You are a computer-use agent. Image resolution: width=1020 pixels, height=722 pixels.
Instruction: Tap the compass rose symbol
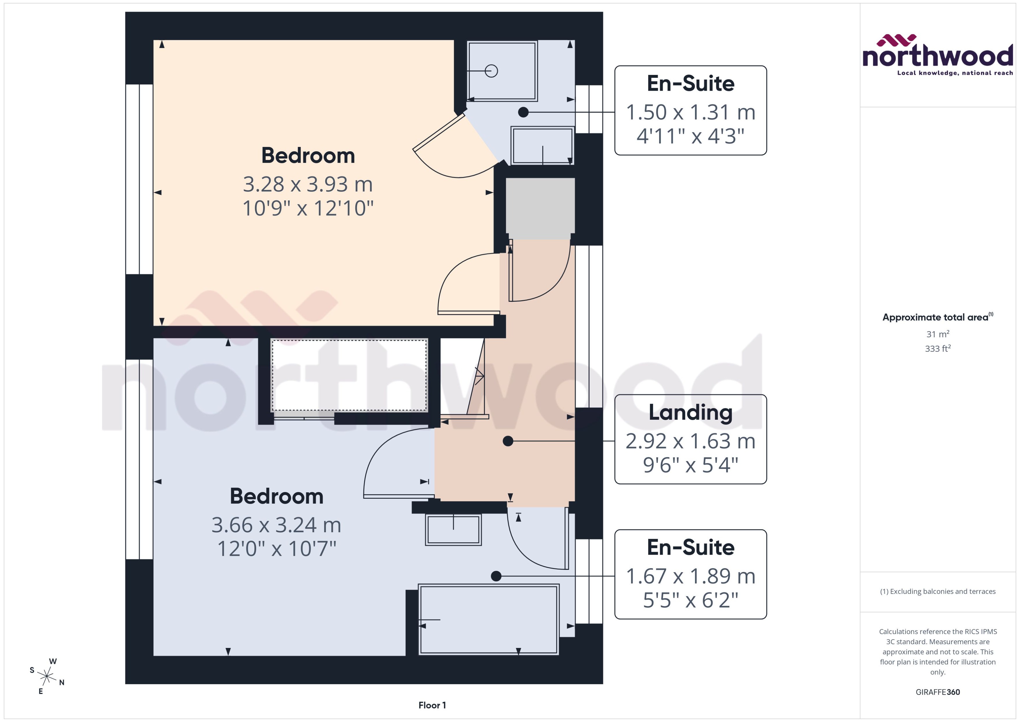click(46, 677)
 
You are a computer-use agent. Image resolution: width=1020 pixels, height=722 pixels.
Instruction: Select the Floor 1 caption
click(432, 705)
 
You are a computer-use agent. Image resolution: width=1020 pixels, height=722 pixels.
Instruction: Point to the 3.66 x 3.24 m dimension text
click(276, 525)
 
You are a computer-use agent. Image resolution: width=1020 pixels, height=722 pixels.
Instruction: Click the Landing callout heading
click(690, 412)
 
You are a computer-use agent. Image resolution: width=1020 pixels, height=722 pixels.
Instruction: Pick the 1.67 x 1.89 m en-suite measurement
click(690, 576)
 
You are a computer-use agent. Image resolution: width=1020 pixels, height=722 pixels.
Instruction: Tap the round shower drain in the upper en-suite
click(491, 71)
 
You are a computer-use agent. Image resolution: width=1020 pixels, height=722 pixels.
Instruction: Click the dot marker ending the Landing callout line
click(508, 441)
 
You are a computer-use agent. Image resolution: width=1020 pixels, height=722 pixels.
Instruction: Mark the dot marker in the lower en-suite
click(496, 576)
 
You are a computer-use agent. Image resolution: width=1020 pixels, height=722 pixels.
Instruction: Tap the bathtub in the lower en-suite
click(488, 620)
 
